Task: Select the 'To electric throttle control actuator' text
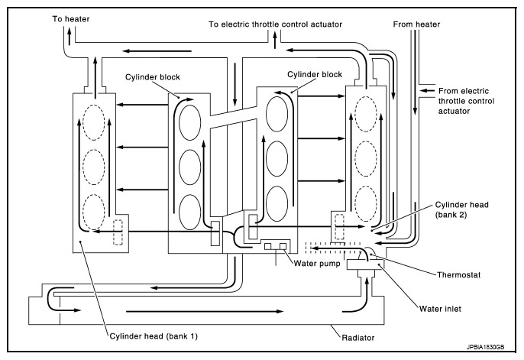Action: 275,24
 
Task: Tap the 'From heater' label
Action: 416,24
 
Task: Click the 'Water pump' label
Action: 318,264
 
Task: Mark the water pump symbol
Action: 275,247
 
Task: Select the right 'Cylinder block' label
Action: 313,75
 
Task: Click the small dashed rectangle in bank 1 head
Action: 118,232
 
